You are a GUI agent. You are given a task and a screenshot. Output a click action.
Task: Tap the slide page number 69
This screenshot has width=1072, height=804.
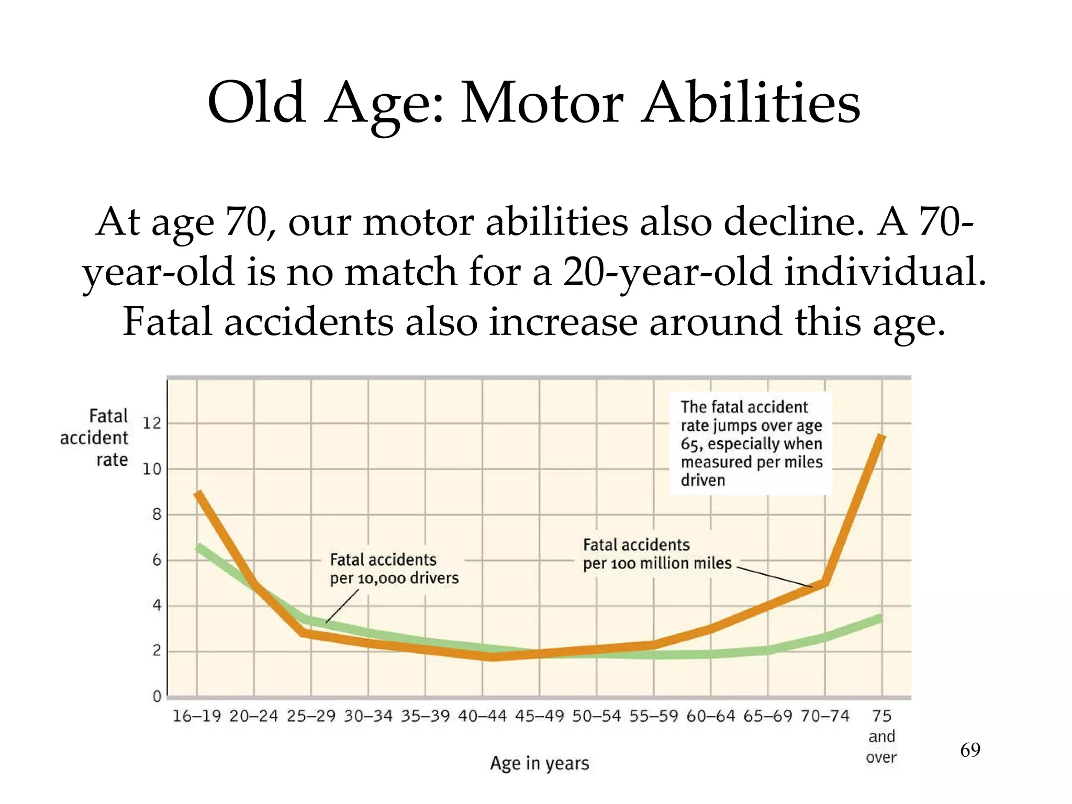click(x=970, y=750)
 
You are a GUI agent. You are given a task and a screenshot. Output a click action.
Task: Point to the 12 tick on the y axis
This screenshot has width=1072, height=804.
click(x=152, y=423)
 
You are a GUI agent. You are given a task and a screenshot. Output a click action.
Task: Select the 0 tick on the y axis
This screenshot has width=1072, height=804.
click(x=157, y=697)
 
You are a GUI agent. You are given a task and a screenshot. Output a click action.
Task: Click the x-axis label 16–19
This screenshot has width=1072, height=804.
click(x=197, y=716)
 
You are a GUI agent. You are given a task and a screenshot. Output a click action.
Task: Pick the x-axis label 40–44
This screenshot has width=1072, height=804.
click(x=482, y=716)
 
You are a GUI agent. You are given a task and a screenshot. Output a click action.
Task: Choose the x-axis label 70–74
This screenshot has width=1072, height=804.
click(x=825, y=716)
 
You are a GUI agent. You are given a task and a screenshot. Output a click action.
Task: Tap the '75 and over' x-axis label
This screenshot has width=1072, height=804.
click(x=881, y=736)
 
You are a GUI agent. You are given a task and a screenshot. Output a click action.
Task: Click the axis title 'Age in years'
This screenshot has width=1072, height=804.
click(x=539, y=763)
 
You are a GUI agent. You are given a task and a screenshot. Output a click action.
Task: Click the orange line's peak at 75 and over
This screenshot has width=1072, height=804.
click(x=882, y=437)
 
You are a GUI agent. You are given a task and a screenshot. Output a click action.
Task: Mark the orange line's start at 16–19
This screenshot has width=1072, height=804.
click(x=197, y=494)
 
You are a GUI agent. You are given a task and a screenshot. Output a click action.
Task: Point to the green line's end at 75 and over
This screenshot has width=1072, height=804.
click(x=881, y=619)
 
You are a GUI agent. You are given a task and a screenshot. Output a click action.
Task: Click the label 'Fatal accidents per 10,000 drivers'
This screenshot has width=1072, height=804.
click(x=394, y=569)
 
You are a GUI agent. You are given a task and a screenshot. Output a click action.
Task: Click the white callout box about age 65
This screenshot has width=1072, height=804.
click(x=751, y=443)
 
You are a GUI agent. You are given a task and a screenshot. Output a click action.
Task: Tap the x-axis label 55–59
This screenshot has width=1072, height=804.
click(x=653, y=716)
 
